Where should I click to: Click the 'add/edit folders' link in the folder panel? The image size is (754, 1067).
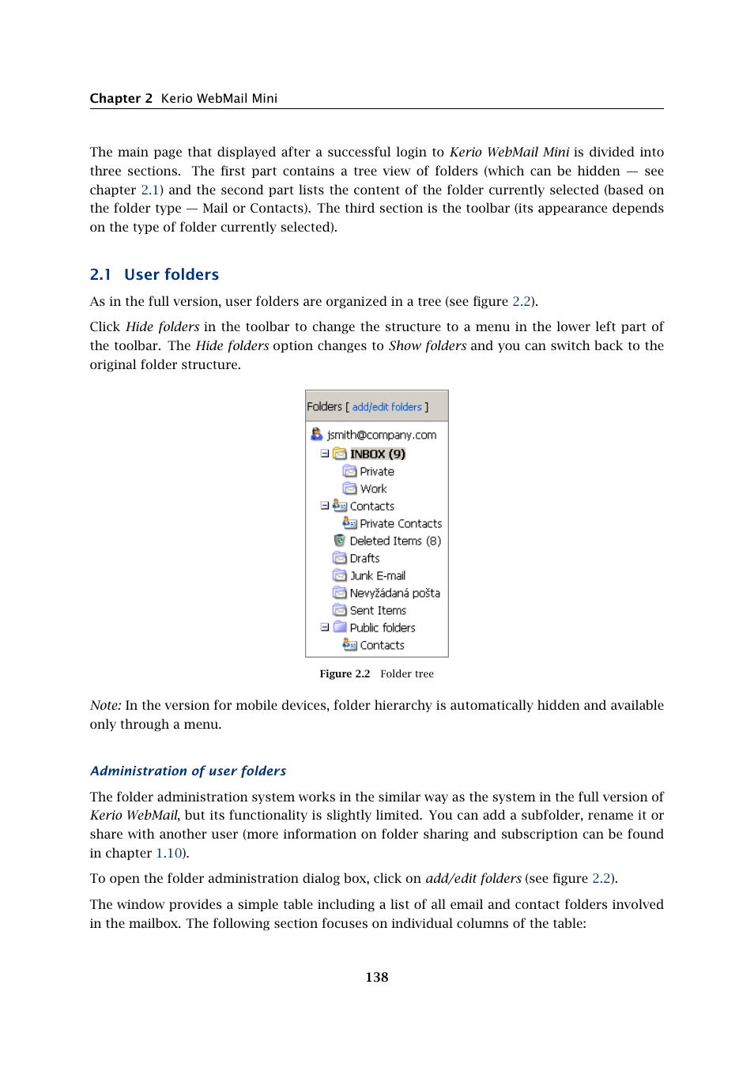click(386, 407)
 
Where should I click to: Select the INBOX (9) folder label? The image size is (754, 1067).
click(377, 454)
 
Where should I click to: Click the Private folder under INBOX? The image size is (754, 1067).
click(376, 471)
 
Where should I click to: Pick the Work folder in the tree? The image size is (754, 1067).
click(373, 488)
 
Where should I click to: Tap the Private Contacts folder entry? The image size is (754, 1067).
click(400, 523)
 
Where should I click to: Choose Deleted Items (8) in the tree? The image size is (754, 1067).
click(394, 541)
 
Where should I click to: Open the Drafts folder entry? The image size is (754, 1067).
click(364, 558)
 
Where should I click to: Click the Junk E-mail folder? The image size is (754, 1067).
click(377, 575)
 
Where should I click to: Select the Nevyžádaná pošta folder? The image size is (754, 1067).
click(394, 593)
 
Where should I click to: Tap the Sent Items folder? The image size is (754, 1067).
click(378, 610)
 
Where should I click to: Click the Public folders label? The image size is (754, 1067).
click(382, 628)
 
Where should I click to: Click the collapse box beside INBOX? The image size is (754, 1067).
click(325, 454)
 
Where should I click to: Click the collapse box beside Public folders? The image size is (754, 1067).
click(325, 627)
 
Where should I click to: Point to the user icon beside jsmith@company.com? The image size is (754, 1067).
click(317, 434)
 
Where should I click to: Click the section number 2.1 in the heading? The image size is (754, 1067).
click(100, 274)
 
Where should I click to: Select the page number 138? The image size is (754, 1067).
click(376, 977)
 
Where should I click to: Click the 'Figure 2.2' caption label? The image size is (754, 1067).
click(345, 673)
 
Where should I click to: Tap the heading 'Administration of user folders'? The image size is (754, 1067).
click(188, 771)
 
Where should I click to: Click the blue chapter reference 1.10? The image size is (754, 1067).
click(168, 853)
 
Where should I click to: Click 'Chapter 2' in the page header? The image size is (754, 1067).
click(121, 98)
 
